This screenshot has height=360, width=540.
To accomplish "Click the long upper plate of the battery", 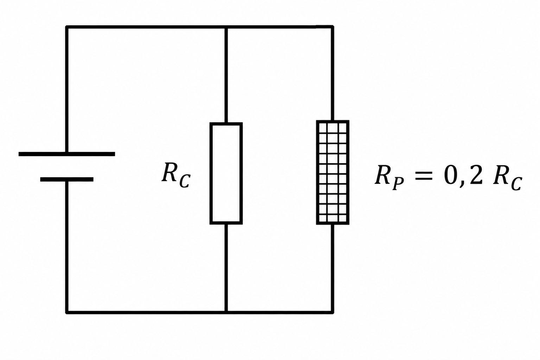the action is point(67,154).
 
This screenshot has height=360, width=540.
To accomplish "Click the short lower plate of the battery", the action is point(67,179).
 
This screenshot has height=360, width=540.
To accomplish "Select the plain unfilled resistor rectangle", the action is point(226,173).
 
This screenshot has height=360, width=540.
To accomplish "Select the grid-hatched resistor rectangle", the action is point(333,172).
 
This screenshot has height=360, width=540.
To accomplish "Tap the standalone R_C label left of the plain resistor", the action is point(176,175).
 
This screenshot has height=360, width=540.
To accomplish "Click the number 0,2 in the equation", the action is point(463,176).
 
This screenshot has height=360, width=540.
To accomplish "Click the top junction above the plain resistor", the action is point(226,27).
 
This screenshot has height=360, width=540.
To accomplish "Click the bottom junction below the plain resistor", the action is point(226,312).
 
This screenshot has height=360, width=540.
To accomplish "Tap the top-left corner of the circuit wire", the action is point(67,27).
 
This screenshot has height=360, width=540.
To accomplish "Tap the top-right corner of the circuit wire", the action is point(332,27).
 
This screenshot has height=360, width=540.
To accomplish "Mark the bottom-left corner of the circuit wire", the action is point(67,312).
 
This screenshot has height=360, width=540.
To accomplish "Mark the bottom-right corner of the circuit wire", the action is point(332,312).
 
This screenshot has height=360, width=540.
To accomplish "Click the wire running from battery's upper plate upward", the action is point(67,89).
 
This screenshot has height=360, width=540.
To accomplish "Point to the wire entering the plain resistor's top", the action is point(226,75).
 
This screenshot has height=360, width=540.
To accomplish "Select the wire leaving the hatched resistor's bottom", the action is point(332,269).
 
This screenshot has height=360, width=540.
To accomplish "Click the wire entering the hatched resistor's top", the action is point(332,74).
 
